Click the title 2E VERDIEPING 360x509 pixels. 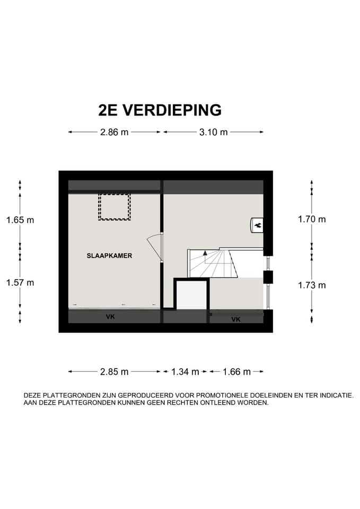pyautogui.click(x=160, y=110)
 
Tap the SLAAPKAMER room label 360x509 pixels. pyautogui.click(x=109, y=256)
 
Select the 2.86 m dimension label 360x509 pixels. pyautogui.click(x=114, y=133)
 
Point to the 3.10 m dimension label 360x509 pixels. pyautogui.click(x=213, y=133)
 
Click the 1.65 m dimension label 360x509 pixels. pyautogui.click(x=20, y=220)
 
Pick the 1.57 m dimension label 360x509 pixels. pyautogui.click(x=20, y=283)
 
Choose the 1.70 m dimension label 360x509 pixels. pyautogui.click(x=312, y=219)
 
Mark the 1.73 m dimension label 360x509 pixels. pyautogui.click(x=312, y=285)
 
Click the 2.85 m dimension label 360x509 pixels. pyautogui.click(x=114, y=372)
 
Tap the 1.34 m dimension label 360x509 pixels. pyautogui.click(x=185, y=372)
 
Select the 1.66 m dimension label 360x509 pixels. pyautogui.click(x=236, y=372)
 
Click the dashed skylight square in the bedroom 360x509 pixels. pyautogui.click(x=114, y=207)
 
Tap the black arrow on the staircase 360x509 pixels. pyautogui.click(x=205, y=254)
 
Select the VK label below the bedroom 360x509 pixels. pyautogui.click(x=110, y=317)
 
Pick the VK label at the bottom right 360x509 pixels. pyautogui.click(x=236, y=319)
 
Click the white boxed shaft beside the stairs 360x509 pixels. pyautogui.click(x=191, y=295)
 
